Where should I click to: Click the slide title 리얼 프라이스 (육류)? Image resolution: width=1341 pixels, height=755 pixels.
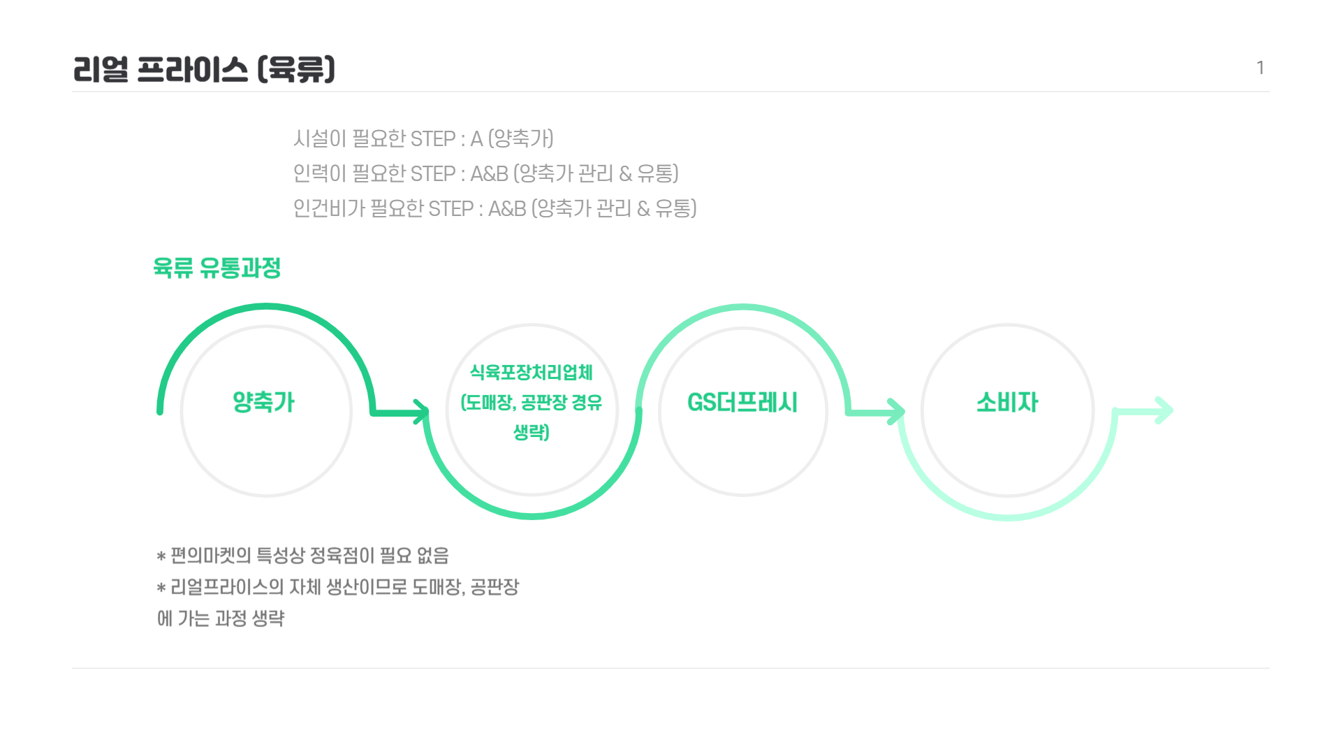(x=204, y=69)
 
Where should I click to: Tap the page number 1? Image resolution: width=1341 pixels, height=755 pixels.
(x=1260, y=68)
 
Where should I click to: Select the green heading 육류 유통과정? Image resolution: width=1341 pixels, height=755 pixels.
(x=217, y=268)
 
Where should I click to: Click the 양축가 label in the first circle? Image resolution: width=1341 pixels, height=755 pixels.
(x=264, y=402)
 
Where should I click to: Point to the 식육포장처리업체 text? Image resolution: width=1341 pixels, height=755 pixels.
(x=532, y=372)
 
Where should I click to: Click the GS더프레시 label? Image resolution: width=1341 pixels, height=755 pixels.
(x=742, y=402)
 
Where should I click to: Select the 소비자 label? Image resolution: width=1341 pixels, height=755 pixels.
(x=1007, y=402)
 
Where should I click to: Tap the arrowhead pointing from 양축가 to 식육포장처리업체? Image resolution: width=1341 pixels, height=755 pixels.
(x=420, y=412)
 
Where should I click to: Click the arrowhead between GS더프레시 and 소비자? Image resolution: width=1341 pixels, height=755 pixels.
(x=895, y=412)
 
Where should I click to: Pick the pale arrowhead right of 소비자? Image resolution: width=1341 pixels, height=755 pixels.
(x=1164, y=411)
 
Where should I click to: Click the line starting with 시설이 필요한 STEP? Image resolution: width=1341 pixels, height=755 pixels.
(x=423, y=138)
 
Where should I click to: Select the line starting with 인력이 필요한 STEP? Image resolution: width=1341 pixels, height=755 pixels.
(x=485, y=173)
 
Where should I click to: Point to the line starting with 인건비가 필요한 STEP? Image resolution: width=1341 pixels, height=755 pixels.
(x=494, y=208)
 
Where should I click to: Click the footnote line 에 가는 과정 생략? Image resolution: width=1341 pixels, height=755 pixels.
(x=221, y=619)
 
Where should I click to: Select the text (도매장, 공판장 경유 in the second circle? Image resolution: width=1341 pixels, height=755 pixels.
(x=532, y=403)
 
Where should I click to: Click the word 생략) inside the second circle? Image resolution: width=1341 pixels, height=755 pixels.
(x=532, y=433)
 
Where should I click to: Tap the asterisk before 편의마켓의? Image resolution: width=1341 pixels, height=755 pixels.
(x=161, y=557)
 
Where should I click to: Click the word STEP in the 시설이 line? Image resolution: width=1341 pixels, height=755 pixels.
(x=433, y=138)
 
